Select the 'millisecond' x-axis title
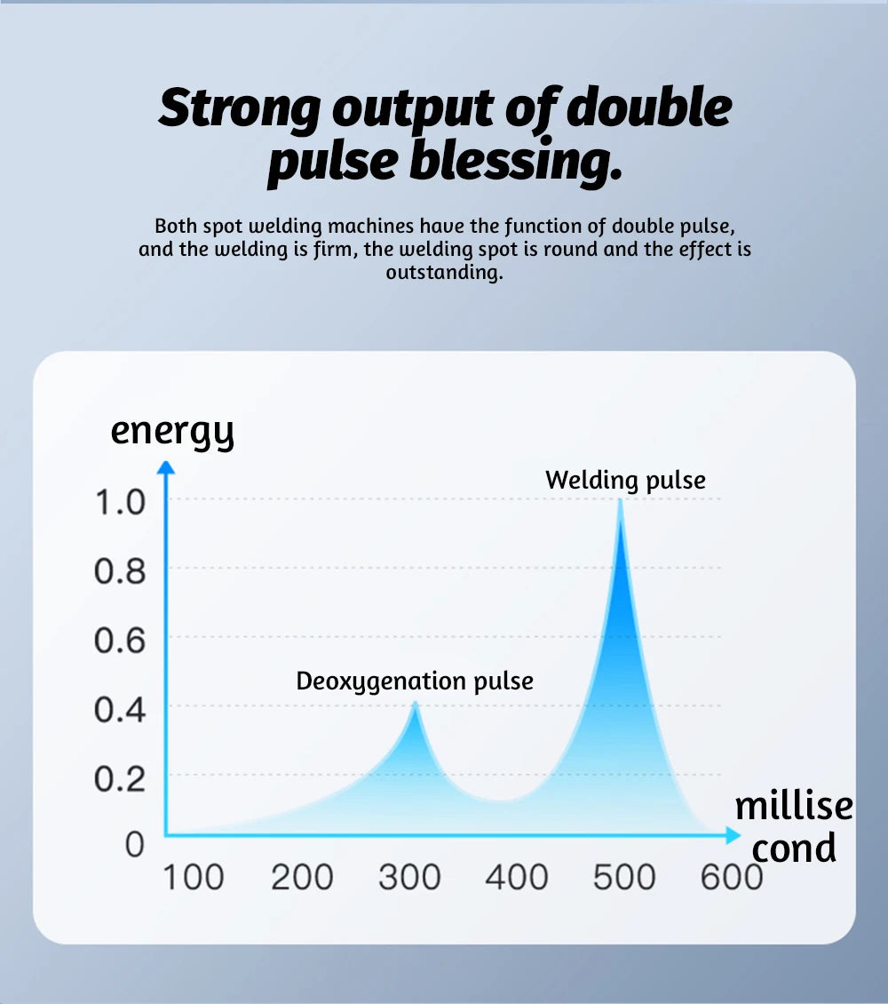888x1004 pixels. point(794,826)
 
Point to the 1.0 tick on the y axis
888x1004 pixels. point(119,502)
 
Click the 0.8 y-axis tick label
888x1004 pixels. point(119,571)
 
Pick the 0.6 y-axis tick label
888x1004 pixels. point(119,641)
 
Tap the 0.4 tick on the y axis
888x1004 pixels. point(119,710)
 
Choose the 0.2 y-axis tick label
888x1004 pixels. point(119,779)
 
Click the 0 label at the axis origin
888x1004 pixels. point(134,844)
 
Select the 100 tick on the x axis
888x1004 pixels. point(193,878)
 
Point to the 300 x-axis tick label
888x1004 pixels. point(409,878)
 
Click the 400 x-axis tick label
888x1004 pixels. point(517,878)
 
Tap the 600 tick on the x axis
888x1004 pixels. point(732,878)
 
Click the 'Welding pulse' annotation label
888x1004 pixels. point(625,481)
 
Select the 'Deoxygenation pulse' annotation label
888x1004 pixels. point(415,681)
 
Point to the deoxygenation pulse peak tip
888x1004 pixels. point(414,704)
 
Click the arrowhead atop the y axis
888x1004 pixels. point(165,466)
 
